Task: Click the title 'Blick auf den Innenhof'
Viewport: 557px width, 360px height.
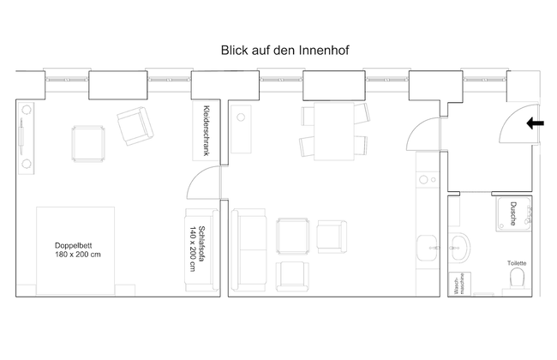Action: [x=284, y=50]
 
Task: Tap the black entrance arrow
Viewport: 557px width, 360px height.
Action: [x=535, y=123]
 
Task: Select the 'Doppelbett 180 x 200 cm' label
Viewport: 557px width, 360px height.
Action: [x=78, y=249]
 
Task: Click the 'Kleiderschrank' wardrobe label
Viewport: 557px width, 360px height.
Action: [x=206, y=130]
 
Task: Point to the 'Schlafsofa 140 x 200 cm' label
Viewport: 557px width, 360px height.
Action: [x=197, y=249]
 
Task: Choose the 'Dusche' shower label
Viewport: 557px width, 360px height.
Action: [x=513, y=213]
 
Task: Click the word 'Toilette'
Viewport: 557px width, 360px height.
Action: [x=517, y=263]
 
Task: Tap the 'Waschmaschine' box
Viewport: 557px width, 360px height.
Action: [x=460, y=284]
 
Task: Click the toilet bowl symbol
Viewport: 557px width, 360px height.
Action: [x=517, y=278]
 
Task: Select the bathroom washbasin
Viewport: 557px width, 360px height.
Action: [x=459, y=248]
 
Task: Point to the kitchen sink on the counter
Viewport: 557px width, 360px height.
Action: [x=427, y=248]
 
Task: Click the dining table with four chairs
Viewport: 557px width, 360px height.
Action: [x=334, y=131]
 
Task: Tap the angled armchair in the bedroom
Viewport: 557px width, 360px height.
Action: [x=135, y=126]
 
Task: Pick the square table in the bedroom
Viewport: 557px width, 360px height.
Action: [x=88, y=144]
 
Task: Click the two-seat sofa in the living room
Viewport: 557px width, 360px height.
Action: [x=249, y=249]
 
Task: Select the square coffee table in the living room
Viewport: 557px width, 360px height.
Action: [x=293, y=237]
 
